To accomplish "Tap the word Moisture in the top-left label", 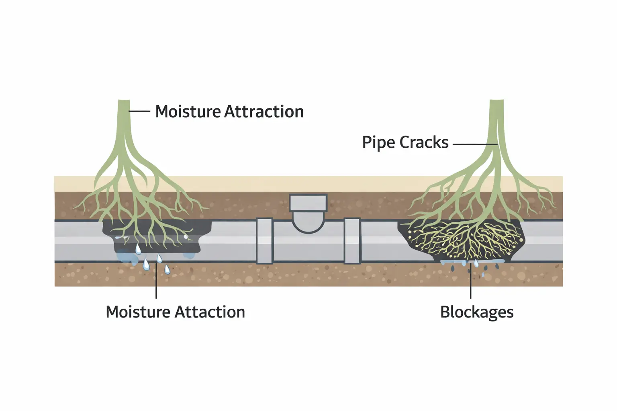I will [187, 112].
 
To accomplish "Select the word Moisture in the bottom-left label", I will [138, 312].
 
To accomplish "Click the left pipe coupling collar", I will [264, 241].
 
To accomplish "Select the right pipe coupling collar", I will [352, 241].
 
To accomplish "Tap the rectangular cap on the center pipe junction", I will [308, 203].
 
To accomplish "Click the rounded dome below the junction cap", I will [308, 223].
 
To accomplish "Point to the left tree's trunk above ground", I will [124, 120].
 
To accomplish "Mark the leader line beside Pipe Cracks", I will [474, 144].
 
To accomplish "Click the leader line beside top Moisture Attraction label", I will [140, 111].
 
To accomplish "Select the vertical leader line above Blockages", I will [470, 285].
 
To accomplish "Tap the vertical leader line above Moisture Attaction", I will [156, 285].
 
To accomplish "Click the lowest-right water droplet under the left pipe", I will [167, 269].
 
